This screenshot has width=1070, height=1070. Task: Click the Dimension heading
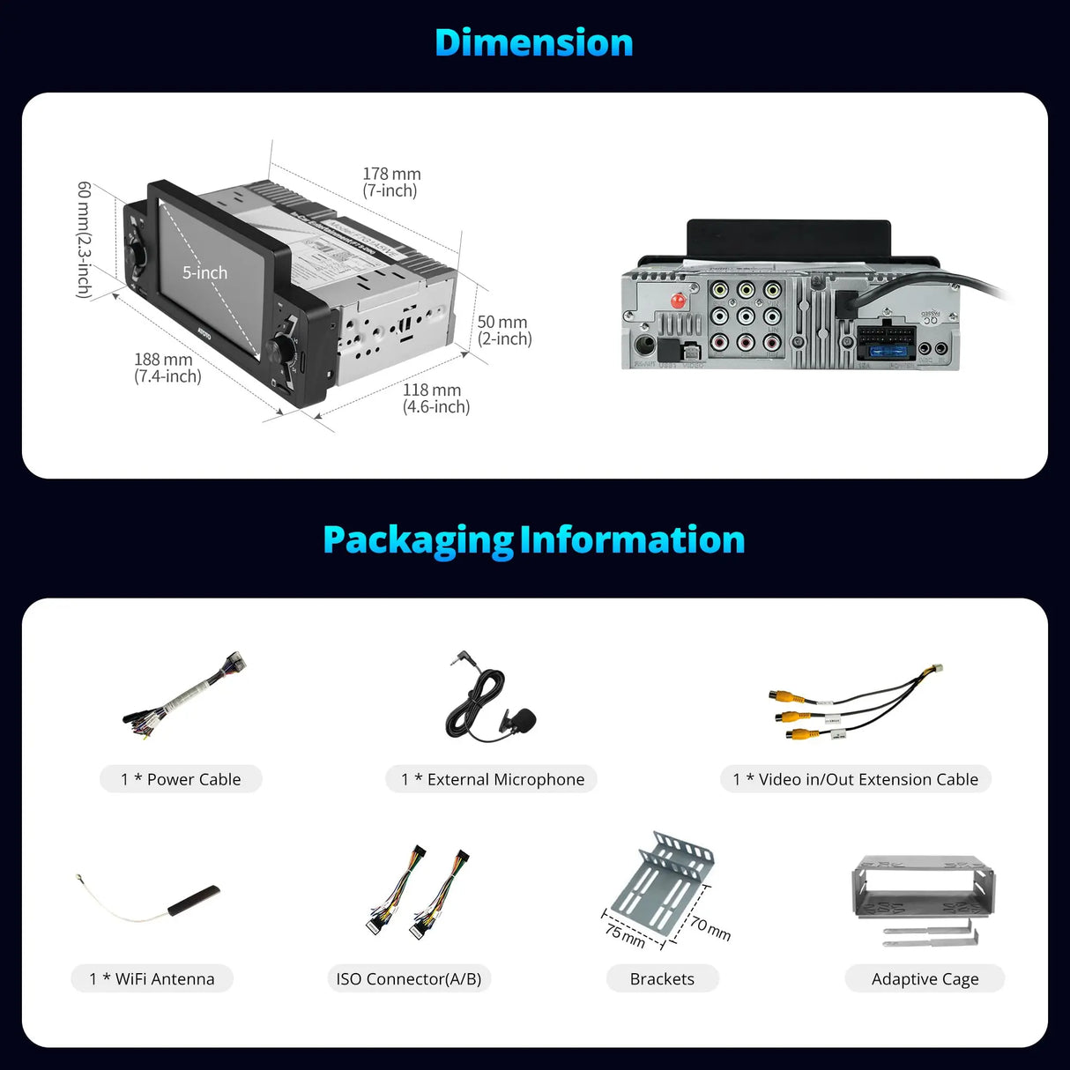pos(534,43)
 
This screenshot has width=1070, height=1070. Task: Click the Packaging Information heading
pos(534,539)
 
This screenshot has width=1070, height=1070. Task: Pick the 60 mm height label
pos(85,239)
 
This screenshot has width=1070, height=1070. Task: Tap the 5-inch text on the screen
pos(204,273)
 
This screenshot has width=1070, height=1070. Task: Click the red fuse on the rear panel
pos(679,300)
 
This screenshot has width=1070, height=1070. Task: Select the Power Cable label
pos(181,779)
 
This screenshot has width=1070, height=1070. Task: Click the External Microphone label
pos(492,779)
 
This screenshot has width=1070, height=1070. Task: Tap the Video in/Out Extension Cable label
pos(855,779)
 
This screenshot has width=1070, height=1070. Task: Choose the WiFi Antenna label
pos(152,978)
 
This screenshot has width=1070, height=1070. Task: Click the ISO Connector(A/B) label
pos(408,978)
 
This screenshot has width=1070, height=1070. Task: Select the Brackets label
pos(662,978)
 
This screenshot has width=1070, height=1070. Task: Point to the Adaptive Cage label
pos(925,978)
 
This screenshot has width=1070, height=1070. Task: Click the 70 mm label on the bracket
pos(710,927)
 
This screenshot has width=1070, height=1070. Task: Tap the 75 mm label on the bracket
pos(625,934)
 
